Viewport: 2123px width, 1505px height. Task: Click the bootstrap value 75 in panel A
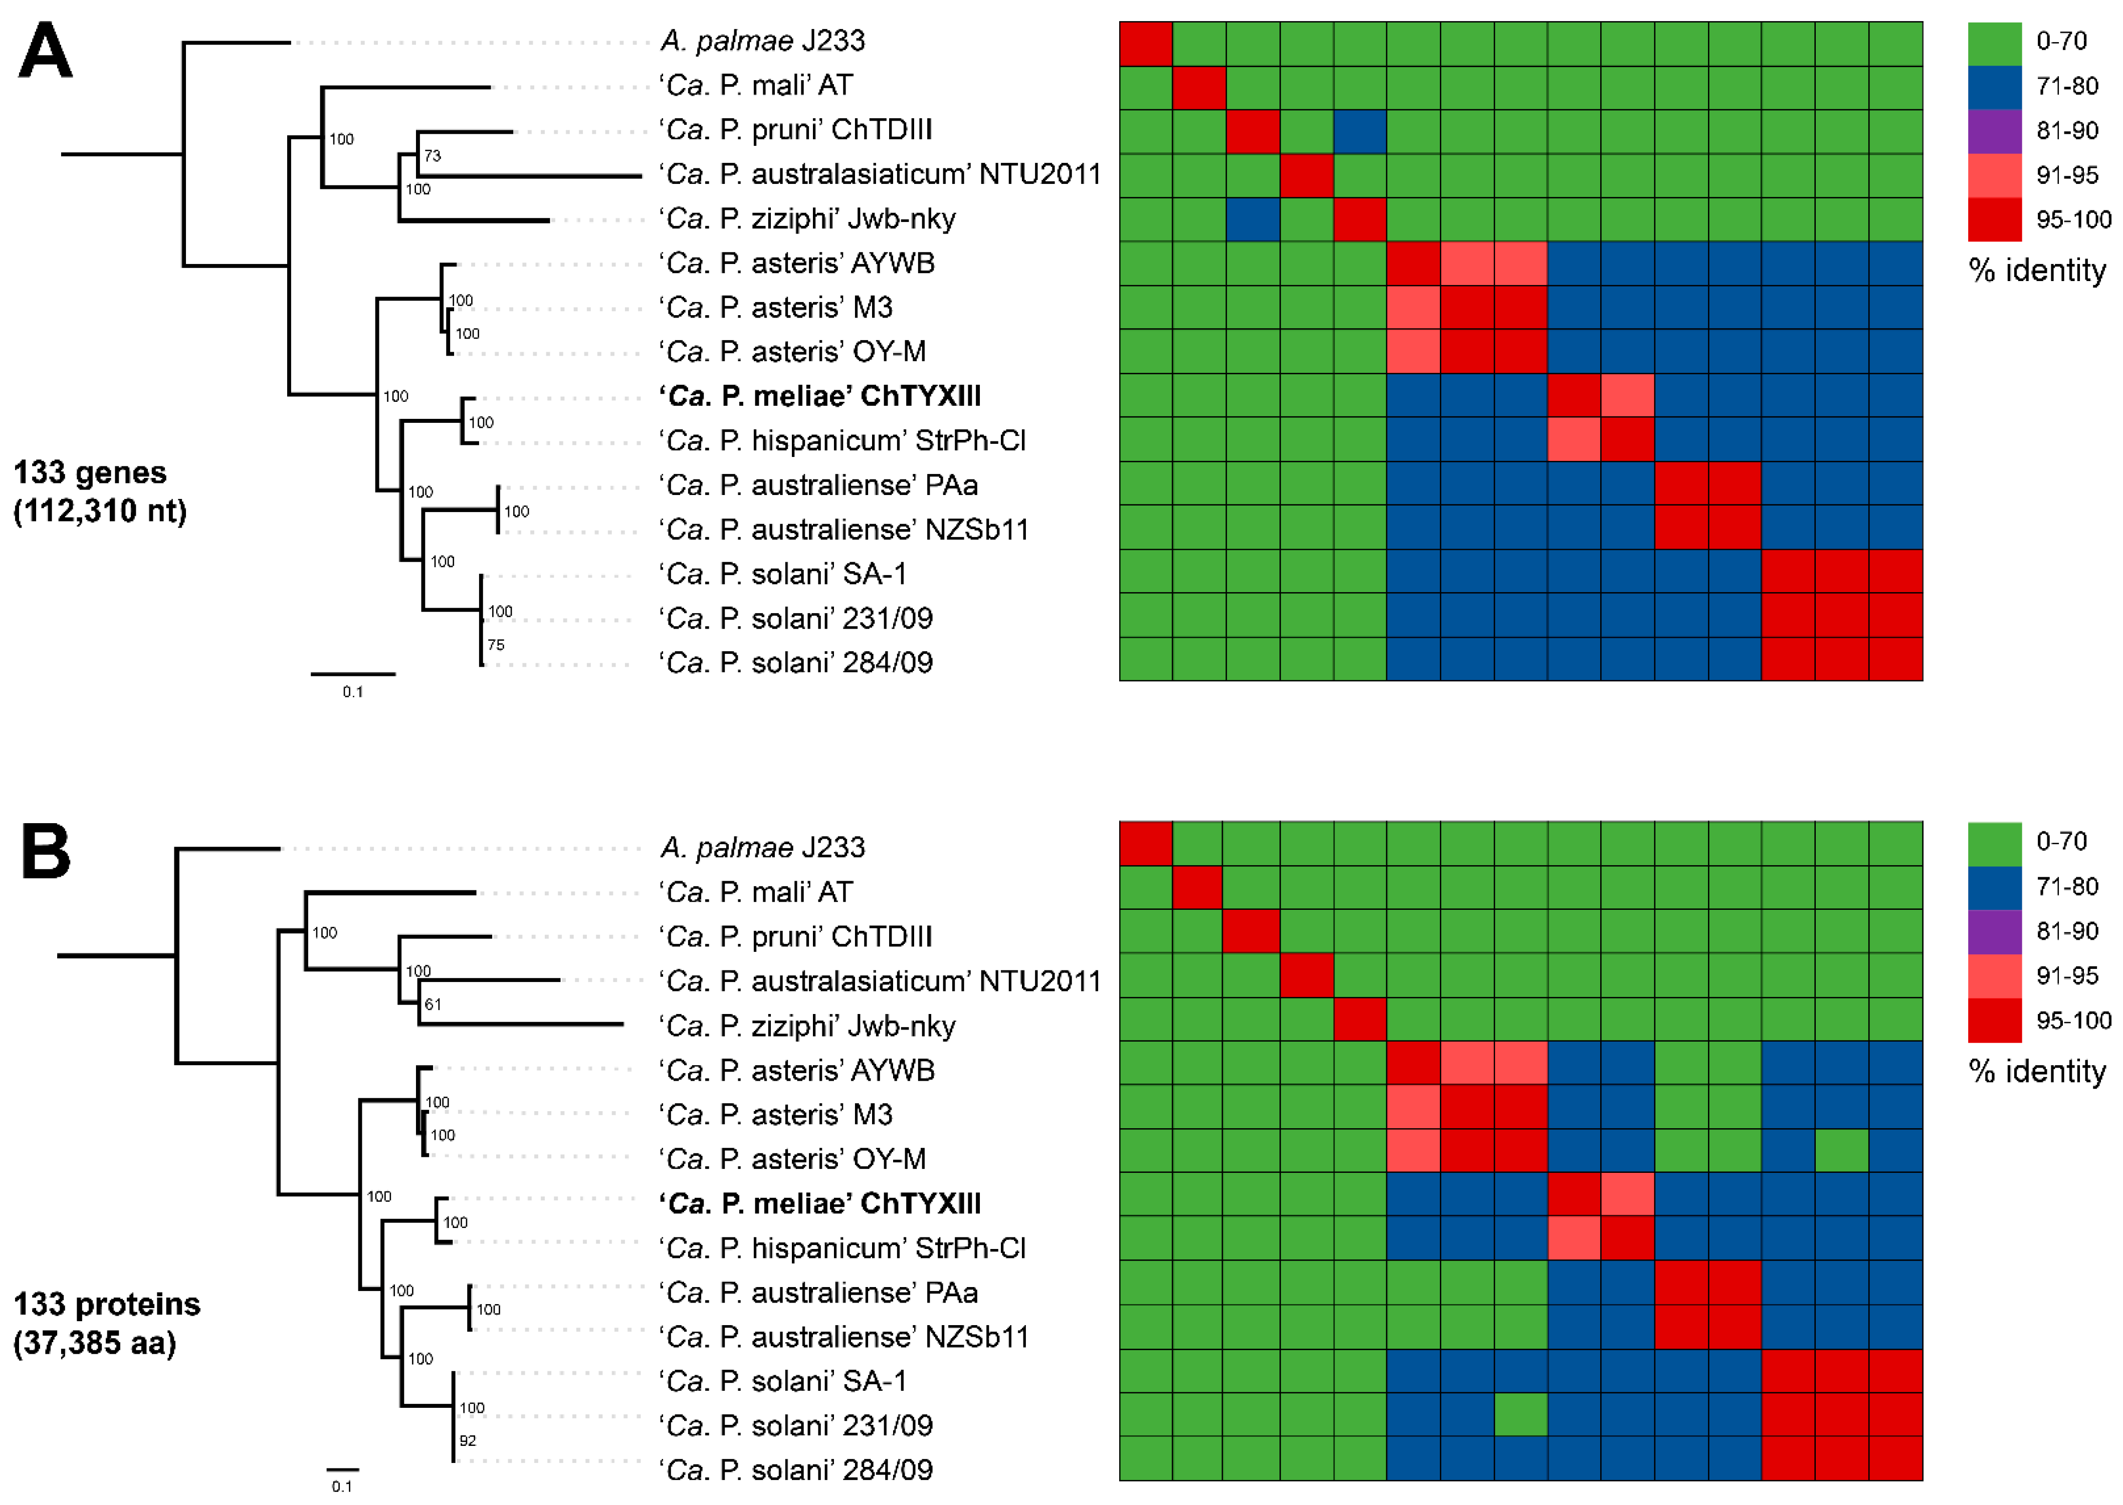tap(496, 645)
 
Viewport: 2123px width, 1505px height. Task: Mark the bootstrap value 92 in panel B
tap(467, 1441)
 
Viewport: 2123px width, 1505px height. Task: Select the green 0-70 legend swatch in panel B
tap(1994, 842)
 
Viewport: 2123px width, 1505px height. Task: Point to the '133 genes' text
tap(90, 472)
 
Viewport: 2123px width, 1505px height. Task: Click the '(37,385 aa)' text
tap(95, 1343)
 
